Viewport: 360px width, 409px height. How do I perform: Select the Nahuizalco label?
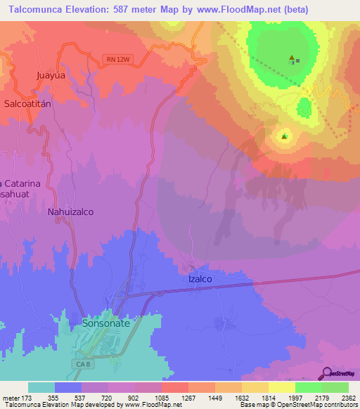(x=70, y=211)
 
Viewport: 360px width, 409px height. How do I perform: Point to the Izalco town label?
(x=200, y=278)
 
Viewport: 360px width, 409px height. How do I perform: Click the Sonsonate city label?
(x=105, y=324)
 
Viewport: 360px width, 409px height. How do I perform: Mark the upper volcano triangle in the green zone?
(x=291, y=58)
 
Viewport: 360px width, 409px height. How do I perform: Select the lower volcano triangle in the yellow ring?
(x=284, y=136)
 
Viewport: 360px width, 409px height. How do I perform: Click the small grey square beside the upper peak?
(x=298, y=60)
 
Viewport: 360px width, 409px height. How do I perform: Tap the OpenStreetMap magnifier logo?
(x=327, y=372)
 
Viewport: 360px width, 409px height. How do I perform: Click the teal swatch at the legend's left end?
(x=41, y=387)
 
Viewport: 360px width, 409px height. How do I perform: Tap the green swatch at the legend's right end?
(x=335, y=387)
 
